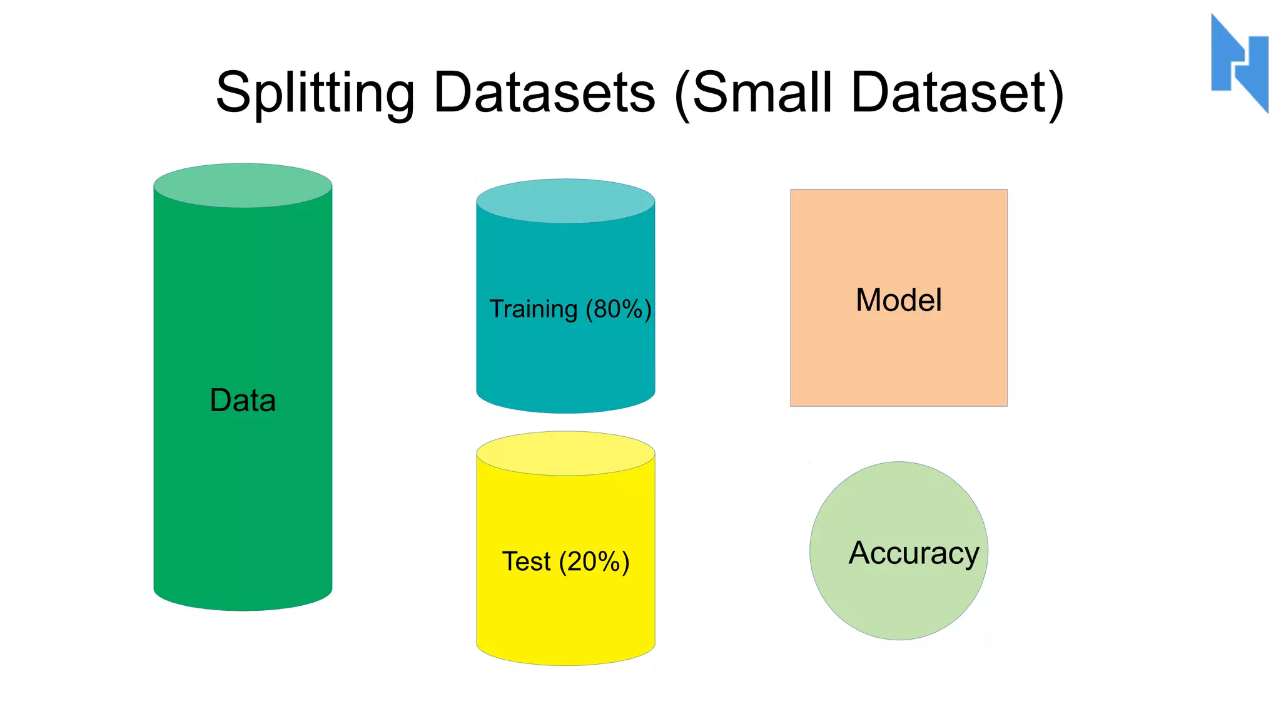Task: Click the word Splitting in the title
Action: (315, 93)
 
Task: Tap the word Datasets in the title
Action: (544, 93)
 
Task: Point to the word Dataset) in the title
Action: (957, 93)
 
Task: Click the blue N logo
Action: (1239, 63)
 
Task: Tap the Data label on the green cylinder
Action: (243, 401)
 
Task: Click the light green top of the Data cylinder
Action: (243, 185)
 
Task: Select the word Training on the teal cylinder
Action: (533, 309)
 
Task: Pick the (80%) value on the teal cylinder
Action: (619, 309)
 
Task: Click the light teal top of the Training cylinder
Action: (565, 201)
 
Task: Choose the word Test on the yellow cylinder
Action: (526, 561)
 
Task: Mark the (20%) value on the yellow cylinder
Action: (594, 561)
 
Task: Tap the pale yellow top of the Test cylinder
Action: (565, 453)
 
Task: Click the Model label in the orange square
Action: (898, 300)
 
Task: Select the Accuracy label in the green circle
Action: (913, 553)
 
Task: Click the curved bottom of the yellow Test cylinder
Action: (565, 656)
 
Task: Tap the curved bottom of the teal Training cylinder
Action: (565, 404)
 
